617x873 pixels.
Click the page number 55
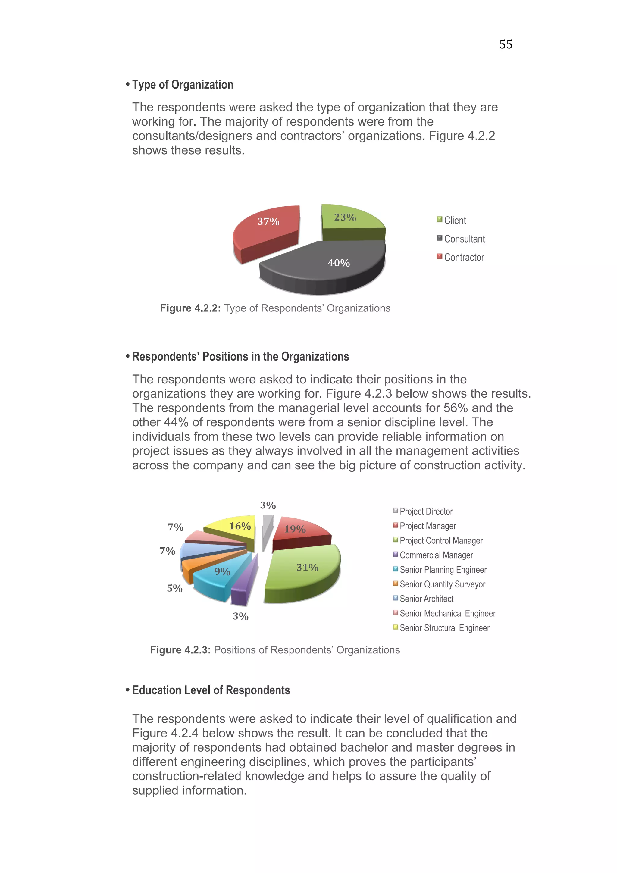[506, 45]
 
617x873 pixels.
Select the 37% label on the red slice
[268, 221]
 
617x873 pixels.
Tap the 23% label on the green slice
[345, 217]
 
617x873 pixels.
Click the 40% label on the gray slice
[339, 263]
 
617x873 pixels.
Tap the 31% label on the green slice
[307, 567]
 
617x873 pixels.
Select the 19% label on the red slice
[295, 529]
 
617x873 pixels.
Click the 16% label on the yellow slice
[240, 526]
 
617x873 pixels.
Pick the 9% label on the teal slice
[222, 571]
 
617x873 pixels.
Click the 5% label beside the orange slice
[174, 588]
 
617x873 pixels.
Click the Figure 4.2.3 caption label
[180, 650]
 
